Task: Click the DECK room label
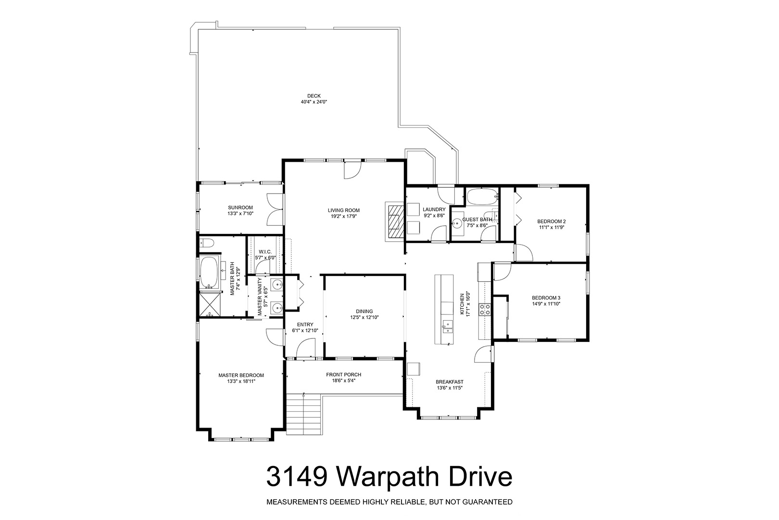point(314,96)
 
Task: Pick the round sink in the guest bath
point(456,223)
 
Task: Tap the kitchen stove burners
point(485,309)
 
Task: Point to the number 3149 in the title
point(297,477)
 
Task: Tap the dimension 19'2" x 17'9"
point(344,216)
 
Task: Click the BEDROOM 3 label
point(546,298)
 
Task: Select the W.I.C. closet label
point(265,252)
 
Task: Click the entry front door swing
point(306,348)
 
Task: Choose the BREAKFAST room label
point(449,382)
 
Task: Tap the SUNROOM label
point(240,208)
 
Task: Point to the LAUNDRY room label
point(434,209)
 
